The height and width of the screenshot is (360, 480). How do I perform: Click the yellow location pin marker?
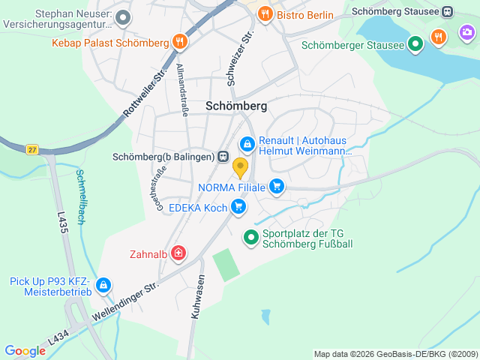(240, 166)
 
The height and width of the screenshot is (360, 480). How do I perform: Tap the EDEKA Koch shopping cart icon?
(238, 205)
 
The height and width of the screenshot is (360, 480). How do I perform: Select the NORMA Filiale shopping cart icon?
(277, 186)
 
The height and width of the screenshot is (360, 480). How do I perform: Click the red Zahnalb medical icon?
(178, 253)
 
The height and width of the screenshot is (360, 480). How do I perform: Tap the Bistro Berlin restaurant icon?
(264, 14)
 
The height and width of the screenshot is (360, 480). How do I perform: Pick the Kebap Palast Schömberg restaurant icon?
(178, 42)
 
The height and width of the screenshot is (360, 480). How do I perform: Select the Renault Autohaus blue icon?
(247, 143)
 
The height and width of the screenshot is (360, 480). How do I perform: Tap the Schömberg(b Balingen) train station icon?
(223, 157)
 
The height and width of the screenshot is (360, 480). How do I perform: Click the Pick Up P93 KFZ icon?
(103, 286)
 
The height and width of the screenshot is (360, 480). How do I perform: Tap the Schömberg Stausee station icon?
(447, 12)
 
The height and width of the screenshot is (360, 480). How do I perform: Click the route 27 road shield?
(31, 149)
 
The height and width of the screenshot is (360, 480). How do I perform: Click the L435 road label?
(62, 226)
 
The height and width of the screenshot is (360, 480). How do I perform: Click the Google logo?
(25, 351)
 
